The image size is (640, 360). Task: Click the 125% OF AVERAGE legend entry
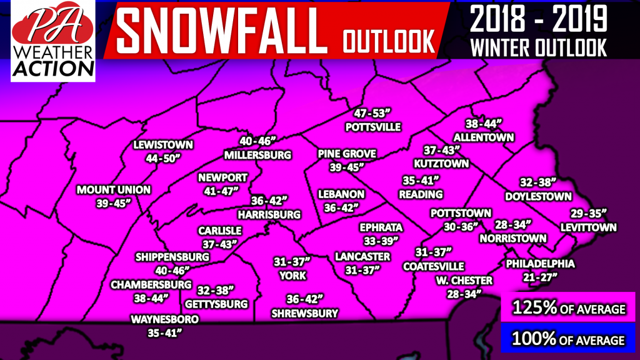(568, 308)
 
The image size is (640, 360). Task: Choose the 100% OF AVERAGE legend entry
(568, 339)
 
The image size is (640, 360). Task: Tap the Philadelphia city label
(540, 264)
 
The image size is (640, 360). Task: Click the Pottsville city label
(372, 127)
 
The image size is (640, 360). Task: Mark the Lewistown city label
(164, 146)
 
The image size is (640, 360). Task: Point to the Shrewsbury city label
(304, 312)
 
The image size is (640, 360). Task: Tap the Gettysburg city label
(217, 304)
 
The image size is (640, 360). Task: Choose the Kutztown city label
(441, 164)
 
